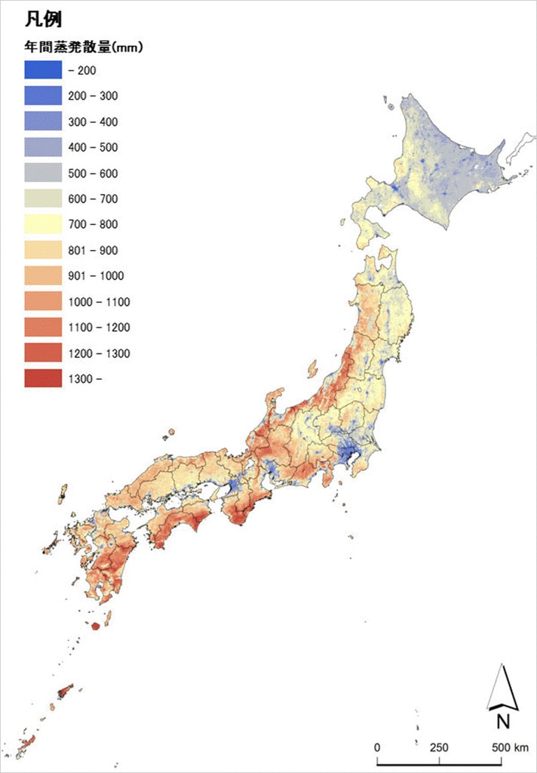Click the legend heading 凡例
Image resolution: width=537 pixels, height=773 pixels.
click(x=42, y=19)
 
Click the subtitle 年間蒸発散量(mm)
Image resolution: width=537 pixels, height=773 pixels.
click(x=84, y=47)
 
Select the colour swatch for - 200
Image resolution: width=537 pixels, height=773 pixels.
click(x=43, y=70)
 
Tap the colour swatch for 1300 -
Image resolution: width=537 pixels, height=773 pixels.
click(x=43, y=378)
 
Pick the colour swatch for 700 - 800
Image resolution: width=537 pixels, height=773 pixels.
click(x=43, y=224)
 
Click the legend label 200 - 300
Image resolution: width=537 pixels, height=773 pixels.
click(x=93, y=96)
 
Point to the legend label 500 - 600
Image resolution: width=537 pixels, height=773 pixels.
click(x=93, y=174)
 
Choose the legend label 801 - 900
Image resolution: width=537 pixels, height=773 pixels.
click(x=93, y=251)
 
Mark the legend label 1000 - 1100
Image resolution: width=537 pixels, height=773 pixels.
click(x=99, y=302)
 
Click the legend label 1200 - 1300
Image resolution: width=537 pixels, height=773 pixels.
click(x=99, y=353)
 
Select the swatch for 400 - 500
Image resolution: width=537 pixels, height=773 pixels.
click(x=43, y=147)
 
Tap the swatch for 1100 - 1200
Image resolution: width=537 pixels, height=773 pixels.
click(x=43, y=327)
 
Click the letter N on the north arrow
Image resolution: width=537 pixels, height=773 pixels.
click(x=502, y=721)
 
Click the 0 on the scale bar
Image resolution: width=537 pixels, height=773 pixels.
click(x=377, y=747)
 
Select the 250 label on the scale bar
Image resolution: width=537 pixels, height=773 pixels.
click(x=439, y=747)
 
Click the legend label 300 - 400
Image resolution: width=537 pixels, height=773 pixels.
click(x=93, y=122)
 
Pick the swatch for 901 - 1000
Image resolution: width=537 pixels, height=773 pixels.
click(x=43, y=276)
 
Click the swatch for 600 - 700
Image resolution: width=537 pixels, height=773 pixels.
click(x=43, y=199)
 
